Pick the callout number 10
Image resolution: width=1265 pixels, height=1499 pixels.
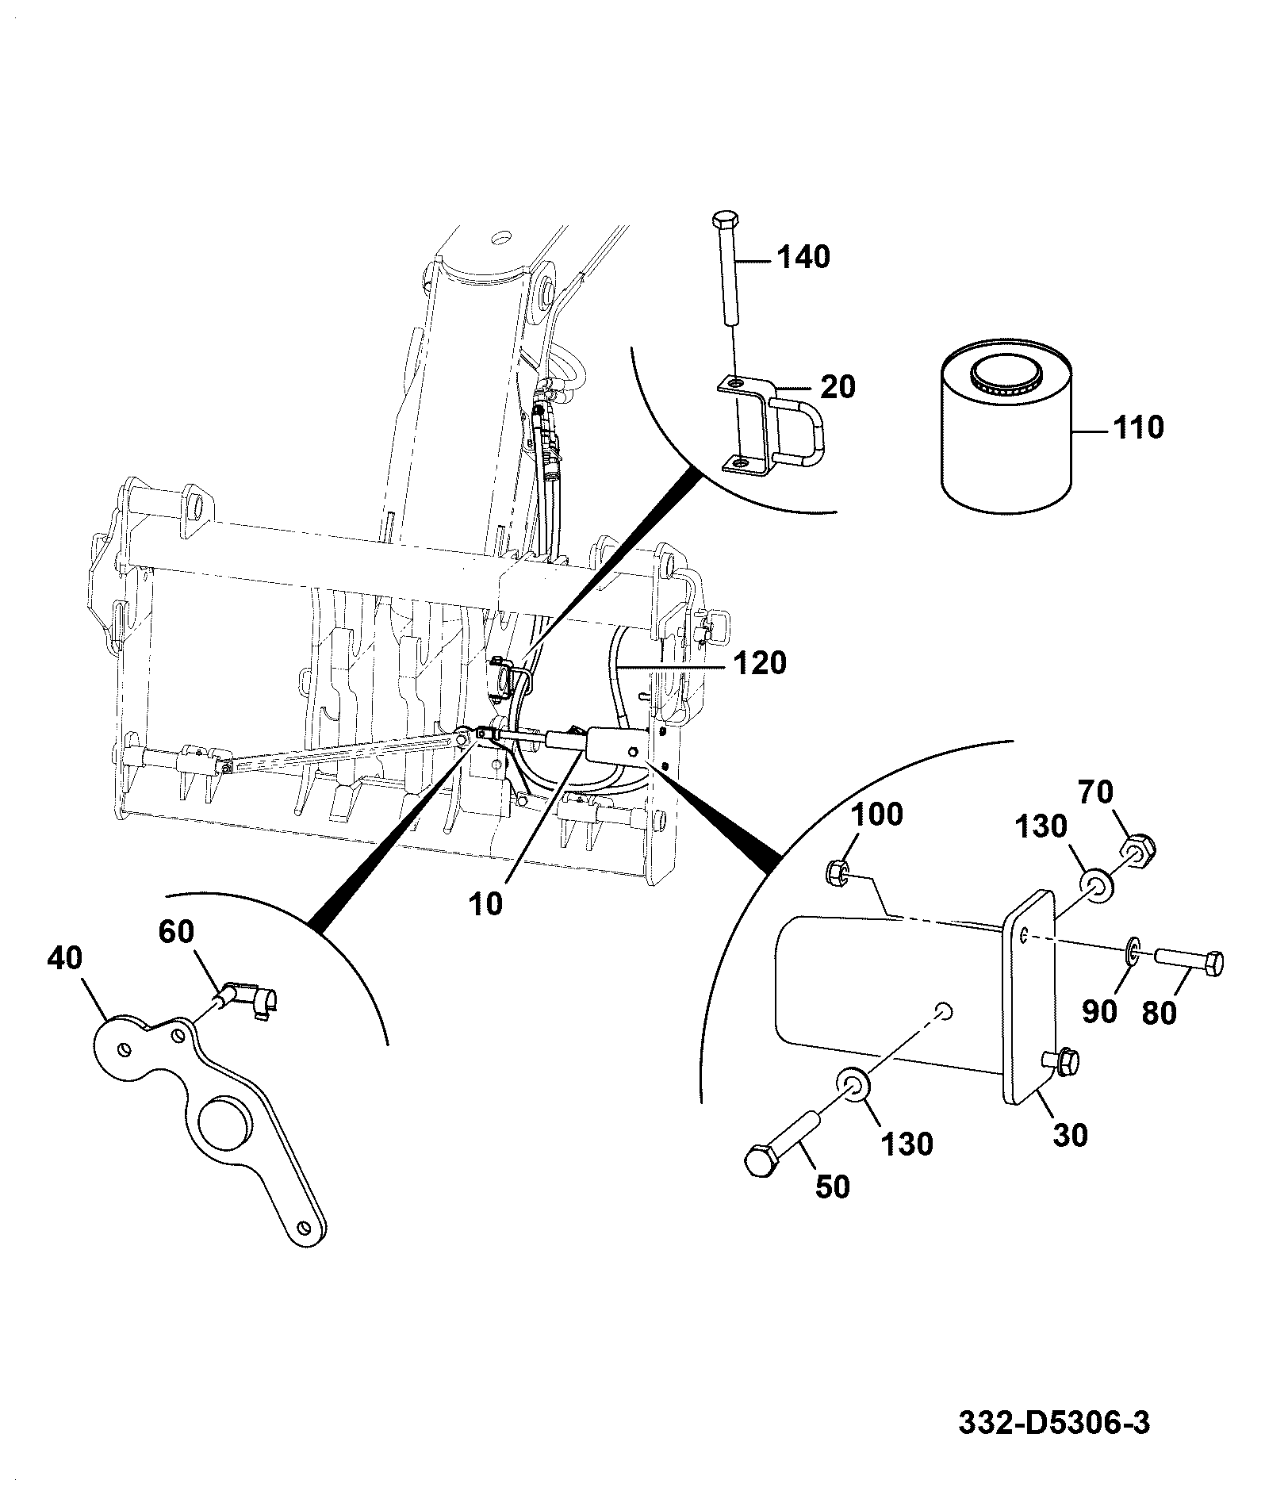pyautogui.click(x=485, y=904)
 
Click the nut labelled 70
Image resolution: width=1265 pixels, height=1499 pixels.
pyautogui.click(x=1138, y=850)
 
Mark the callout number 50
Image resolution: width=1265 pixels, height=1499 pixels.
pyautogui.click(x=832, y=1187)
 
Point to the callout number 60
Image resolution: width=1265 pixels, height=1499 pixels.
pyautogui.click(x=176, y=932)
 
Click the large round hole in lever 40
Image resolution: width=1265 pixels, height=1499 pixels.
pyautogui.click(x=226, y=1125)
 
